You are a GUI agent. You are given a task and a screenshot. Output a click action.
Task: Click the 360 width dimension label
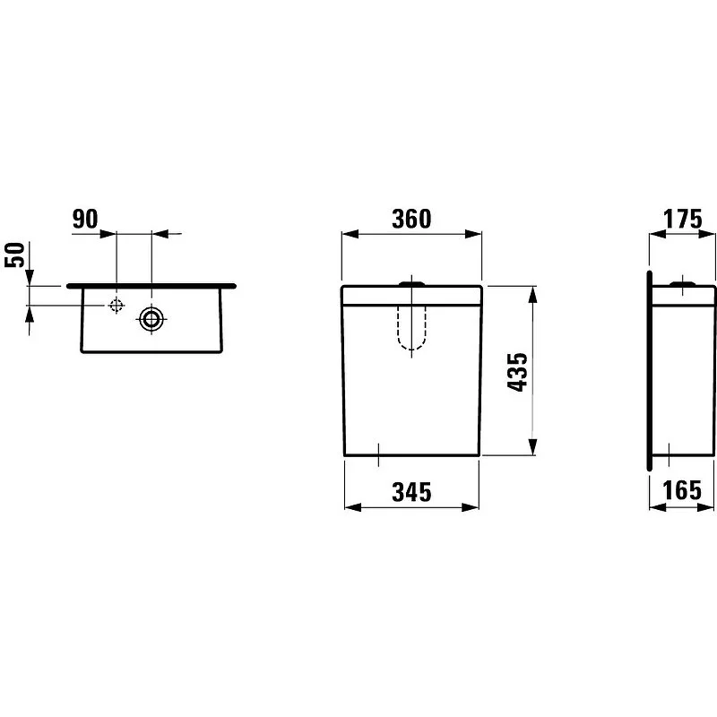pyautogui.click(x=411, y=219)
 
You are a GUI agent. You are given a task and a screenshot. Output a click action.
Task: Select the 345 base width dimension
pyautogui.click(x=411, y=492)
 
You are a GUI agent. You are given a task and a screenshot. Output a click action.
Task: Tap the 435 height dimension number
pyautogui.click(x=517, y=372)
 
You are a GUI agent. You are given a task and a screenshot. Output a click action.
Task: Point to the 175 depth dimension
pyautogui.click(x=682, y=219)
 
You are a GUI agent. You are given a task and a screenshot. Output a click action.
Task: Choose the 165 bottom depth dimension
pyautogui.click(x=682, y=490)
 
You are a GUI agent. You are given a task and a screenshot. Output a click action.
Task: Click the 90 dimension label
pyautogui.click(x=85, y=219)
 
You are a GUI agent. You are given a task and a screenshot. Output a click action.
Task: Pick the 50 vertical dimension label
pyautogui.click(x=14, y=255)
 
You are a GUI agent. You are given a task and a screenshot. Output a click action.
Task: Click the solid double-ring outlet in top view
pyautogui.click(x=151, y=318)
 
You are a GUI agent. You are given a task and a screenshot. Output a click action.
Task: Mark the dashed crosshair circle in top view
pyautogui.click(x=117, y=305)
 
